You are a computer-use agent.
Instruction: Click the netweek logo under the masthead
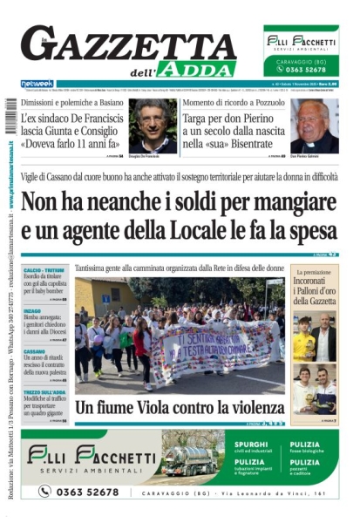point(37,84)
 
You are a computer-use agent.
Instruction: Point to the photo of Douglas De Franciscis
point(152,124)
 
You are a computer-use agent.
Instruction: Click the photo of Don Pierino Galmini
point(314,124)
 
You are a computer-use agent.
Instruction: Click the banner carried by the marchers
point(218,346)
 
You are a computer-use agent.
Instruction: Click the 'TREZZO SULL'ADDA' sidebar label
point(44,392)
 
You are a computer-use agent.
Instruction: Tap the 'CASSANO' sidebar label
point(34,351)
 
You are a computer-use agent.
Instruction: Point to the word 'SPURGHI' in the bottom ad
point(252,445)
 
